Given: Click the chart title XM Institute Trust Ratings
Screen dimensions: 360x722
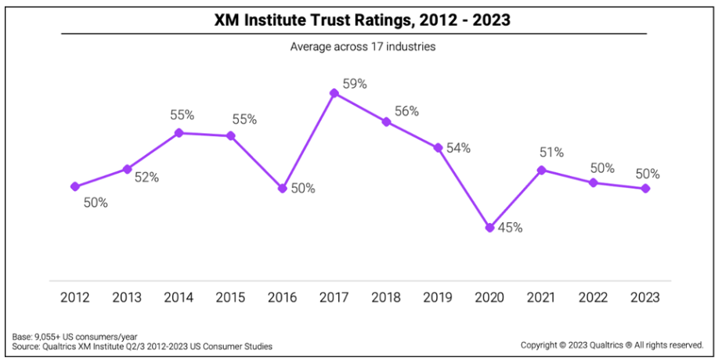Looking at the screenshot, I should pyautogui.click(x=362, y=20).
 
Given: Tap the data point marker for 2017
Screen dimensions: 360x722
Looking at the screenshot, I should pyautogui.click(x=334, y=93).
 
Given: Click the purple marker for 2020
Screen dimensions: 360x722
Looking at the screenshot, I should pyautogui.click(x=489, y=228).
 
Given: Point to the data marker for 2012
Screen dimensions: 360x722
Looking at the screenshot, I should pyautogui.click(x=75, y=186).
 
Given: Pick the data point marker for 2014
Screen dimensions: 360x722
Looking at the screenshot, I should pyautogui.click(x=179, y=133).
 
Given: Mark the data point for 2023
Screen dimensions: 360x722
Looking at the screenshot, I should pyautogui.click(x=645, y=189).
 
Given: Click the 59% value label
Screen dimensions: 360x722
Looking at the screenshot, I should pyautogui.click(x=355, y=84).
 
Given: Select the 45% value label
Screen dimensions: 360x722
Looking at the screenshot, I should pyautogui.click(x=510, y=229).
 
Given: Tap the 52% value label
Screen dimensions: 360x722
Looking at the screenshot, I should pyautogui.click(x=146, y=178).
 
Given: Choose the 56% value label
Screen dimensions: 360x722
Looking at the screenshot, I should pyautogui.click(x=406, y=111).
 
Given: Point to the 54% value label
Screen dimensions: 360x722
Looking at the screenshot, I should pyautogui.click(x=458, y=148).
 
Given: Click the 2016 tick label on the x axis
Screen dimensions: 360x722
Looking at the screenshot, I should pyautogui.click(x=282, y=297).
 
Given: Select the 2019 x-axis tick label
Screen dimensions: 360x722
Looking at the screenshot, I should pyautogui.click(x=438, y=297).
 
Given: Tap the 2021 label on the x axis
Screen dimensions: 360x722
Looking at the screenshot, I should pyautogui.click(x=541, y=297).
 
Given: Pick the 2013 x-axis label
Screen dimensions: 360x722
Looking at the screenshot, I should pyautogui.click(x=127, y=297).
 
